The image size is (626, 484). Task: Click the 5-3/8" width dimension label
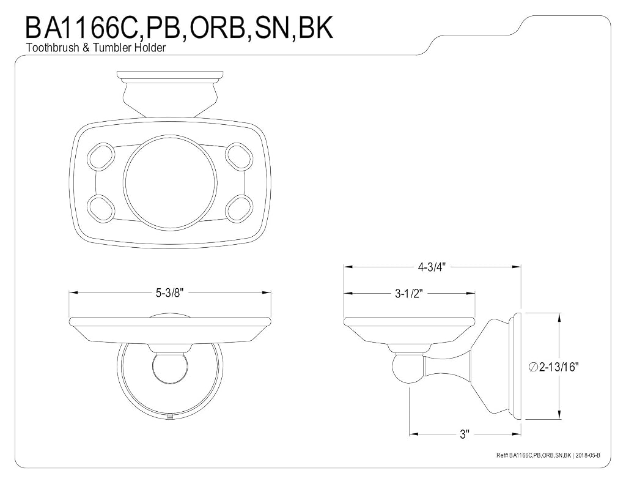tap(169, 293)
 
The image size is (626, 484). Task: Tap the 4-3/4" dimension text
tap(432, 267)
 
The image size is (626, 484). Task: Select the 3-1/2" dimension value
tap(408, 294)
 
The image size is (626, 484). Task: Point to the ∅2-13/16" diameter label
tap(553, 367)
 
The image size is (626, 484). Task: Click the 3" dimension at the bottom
tap(463, 434)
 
